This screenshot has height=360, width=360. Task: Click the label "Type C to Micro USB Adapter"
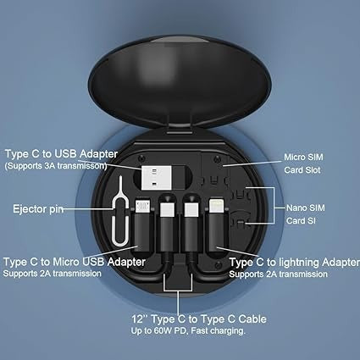[75, 262]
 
